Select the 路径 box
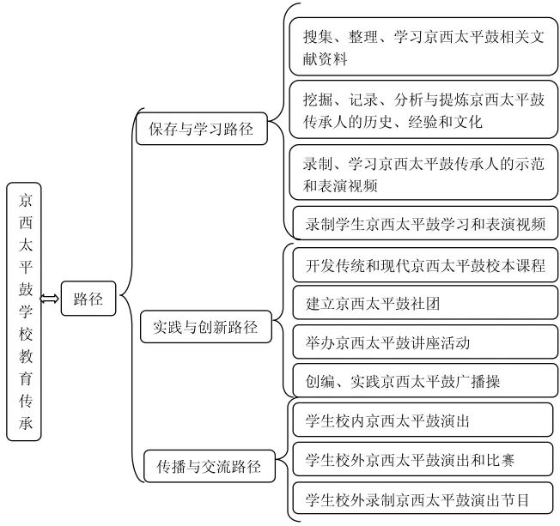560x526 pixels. click(x=88, y=299)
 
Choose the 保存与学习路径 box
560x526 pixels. click(x=199, y=130)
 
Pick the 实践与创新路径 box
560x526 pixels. click(x=205, y=327)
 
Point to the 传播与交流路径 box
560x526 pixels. click(x=210, y=468)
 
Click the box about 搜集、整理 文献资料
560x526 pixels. click(x=423, y=48)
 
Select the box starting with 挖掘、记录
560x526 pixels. click(x=423, y=111)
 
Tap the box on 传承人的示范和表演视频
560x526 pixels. click(x=423, y=174)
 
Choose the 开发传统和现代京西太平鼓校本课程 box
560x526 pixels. click(x=424, y=265)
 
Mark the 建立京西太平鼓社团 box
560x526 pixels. click(x=424, y=303)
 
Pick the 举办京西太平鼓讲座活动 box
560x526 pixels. click(x=424, y=342)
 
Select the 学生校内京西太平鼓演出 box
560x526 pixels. click(x=424, y=420)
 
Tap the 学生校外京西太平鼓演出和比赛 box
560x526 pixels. click(x=424, y=459)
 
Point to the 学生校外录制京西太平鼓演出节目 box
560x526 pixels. click(x=424, y=498)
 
